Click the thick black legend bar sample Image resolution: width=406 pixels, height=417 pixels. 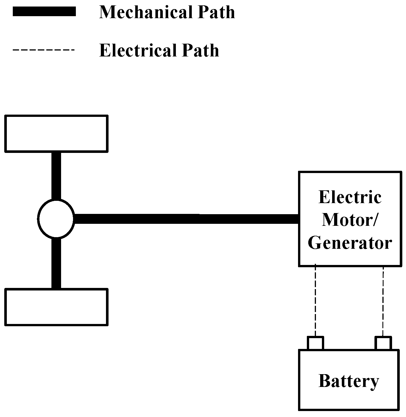tap(44, 12)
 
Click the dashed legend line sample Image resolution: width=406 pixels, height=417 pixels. tap(43, 50)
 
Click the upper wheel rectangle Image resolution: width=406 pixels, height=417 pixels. tap(56, 133)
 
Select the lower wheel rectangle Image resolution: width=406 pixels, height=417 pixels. tap(56, 307)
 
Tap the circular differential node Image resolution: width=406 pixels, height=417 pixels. tap(56, 218)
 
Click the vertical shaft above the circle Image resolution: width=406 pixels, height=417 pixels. tap(56, 176)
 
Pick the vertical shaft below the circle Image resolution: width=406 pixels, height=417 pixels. tap(56, 262)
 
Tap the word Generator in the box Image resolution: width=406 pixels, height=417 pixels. tap(350, 243)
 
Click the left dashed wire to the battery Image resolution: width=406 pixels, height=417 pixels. tap(315, 301)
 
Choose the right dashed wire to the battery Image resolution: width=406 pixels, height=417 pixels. tap(383, 301)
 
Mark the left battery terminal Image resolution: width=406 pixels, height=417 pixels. tap(315, 343)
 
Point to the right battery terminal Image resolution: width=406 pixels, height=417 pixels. tap(383, 343)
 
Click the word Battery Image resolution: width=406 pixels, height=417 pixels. tap(349, 381)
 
